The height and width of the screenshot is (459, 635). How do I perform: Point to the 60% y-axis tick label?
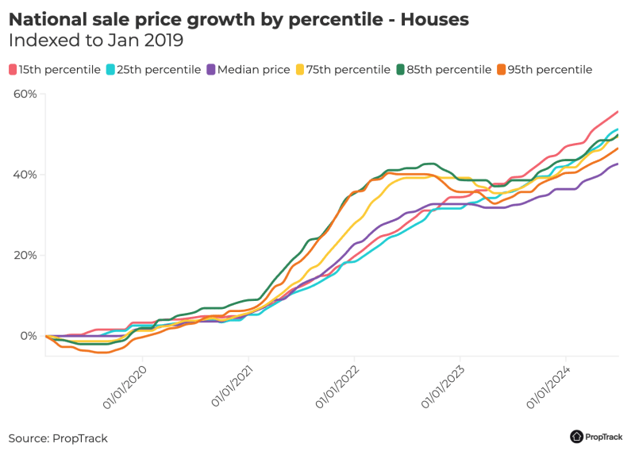click(x=25, y=94)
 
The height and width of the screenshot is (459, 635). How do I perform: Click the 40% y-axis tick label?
click(x=25, y=175)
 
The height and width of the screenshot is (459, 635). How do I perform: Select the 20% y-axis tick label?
click(x=25, y=256)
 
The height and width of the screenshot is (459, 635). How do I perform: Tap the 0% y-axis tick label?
click(x=27, y=336)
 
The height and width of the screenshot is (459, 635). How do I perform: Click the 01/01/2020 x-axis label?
click(x=126, y=388)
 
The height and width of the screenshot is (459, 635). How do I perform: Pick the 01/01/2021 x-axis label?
click(x=232, y=388)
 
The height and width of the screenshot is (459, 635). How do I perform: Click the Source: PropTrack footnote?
click(x=58, y=438)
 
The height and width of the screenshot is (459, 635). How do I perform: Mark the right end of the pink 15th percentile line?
click(x=618, y=112)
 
